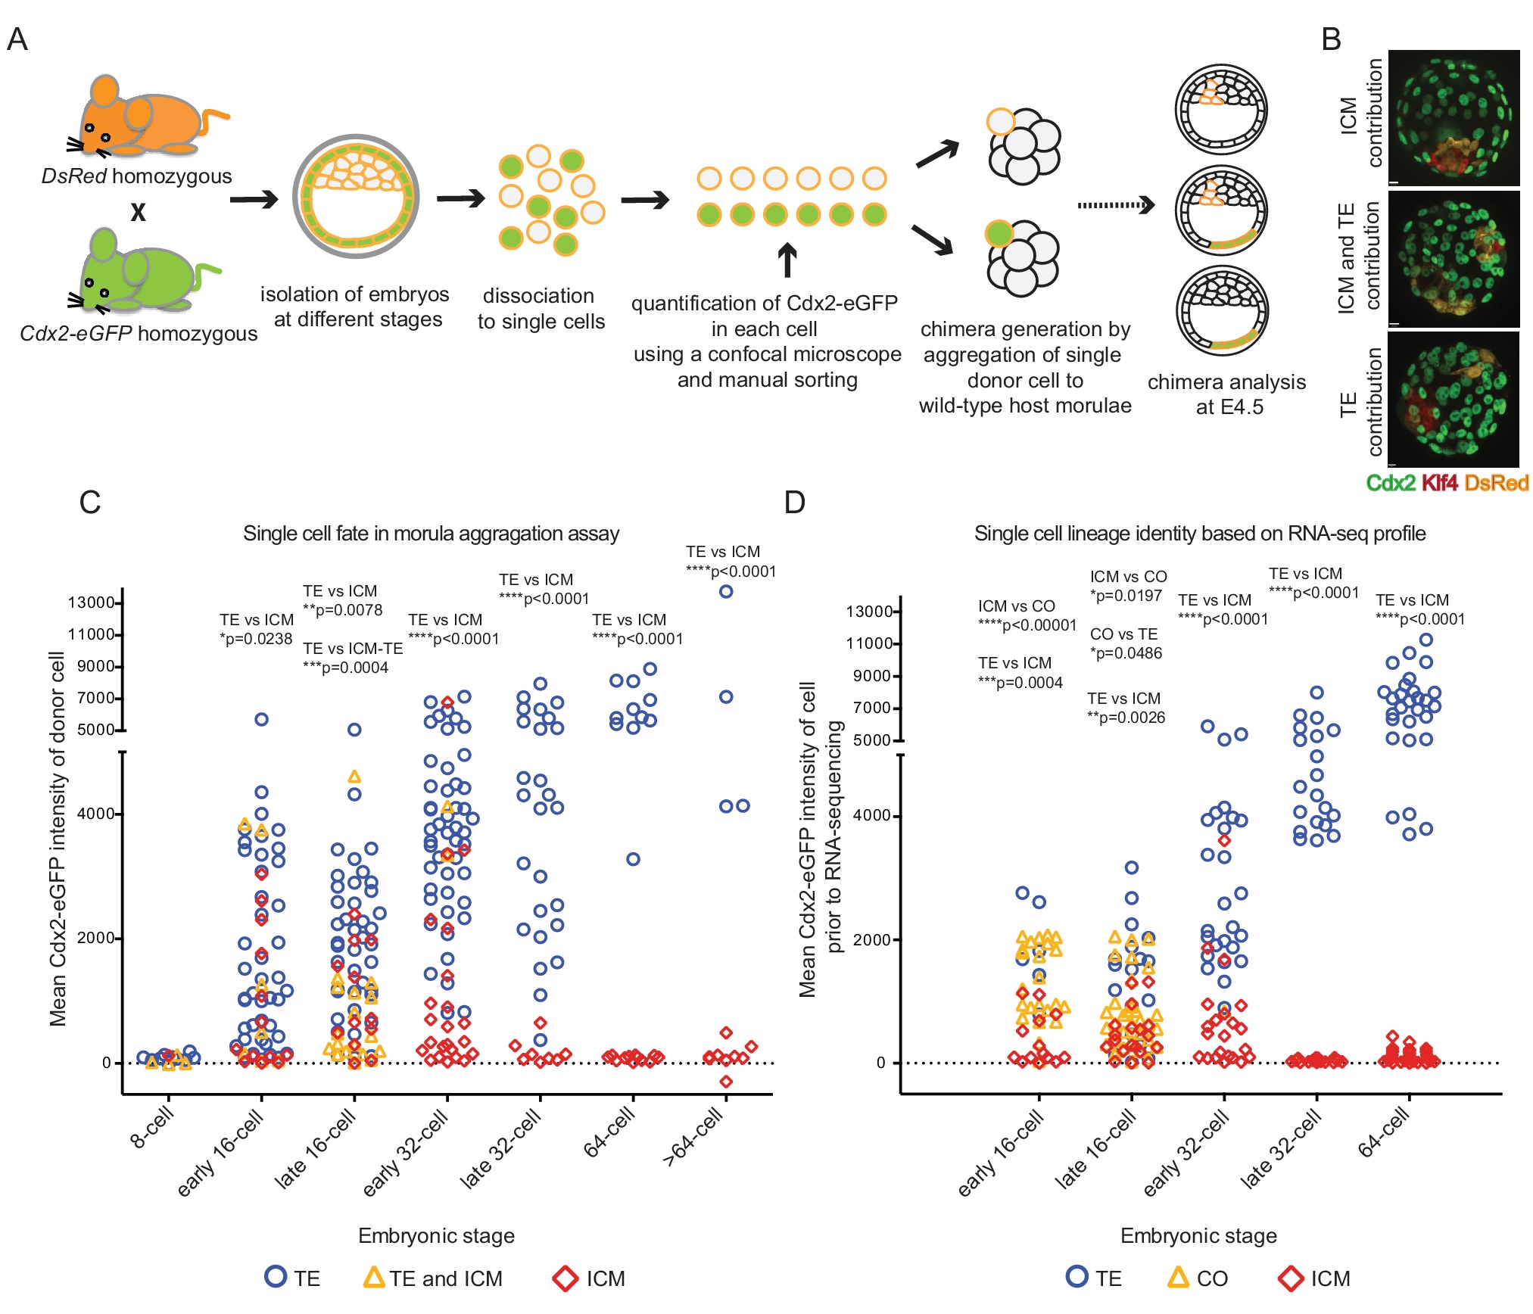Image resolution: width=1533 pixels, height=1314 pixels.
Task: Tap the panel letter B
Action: click(x=1331, y=39)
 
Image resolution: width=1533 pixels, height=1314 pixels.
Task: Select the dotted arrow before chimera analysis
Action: click(x=1116, y=205)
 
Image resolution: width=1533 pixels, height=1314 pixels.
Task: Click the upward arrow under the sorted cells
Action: click(x=787, y=260)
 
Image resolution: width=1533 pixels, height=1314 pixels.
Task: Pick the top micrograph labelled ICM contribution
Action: click(x=1454, y=117)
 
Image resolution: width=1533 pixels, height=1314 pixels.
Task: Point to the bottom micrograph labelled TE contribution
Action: click(x=1454, y=400)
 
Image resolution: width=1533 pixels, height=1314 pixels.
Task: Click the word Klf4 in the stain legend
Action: click(x=1439, y=483)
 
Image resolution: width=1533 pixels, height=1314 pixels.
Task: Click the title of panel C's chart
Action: click(x=431, y=534)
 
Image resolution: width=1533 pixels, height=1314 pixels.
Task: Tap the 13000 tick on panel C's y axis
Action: click(x=91, y=603)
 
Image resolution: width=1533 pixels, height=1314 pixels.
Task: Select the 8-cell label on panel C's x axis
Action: click(x=152, y=1127)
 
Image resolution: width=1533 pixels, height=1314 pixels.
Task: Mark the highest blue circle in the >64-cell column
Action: click(x=726, y=591)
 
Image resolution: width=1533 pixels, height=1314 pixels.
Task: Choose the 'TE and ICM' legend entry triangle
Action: click(x=374, y=1278)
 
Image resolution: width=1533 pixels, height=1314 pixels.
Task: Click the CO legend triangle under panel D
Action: click(x=1178, y=1278)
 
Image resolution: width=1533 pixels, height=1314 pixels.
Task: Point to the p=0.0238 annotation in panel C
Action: click(x=256, y=639)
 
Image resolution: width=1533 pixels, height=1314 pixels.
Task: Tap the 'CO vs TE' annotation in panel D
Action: click(x=1123, y=634)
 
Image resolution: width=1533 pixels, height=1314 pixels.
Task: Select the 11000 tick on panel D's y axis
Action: click(x=869, y=643)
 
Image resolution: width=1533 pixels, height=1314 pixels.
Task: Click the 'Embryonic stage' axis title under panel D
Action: click(x=1198, y=1236)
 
